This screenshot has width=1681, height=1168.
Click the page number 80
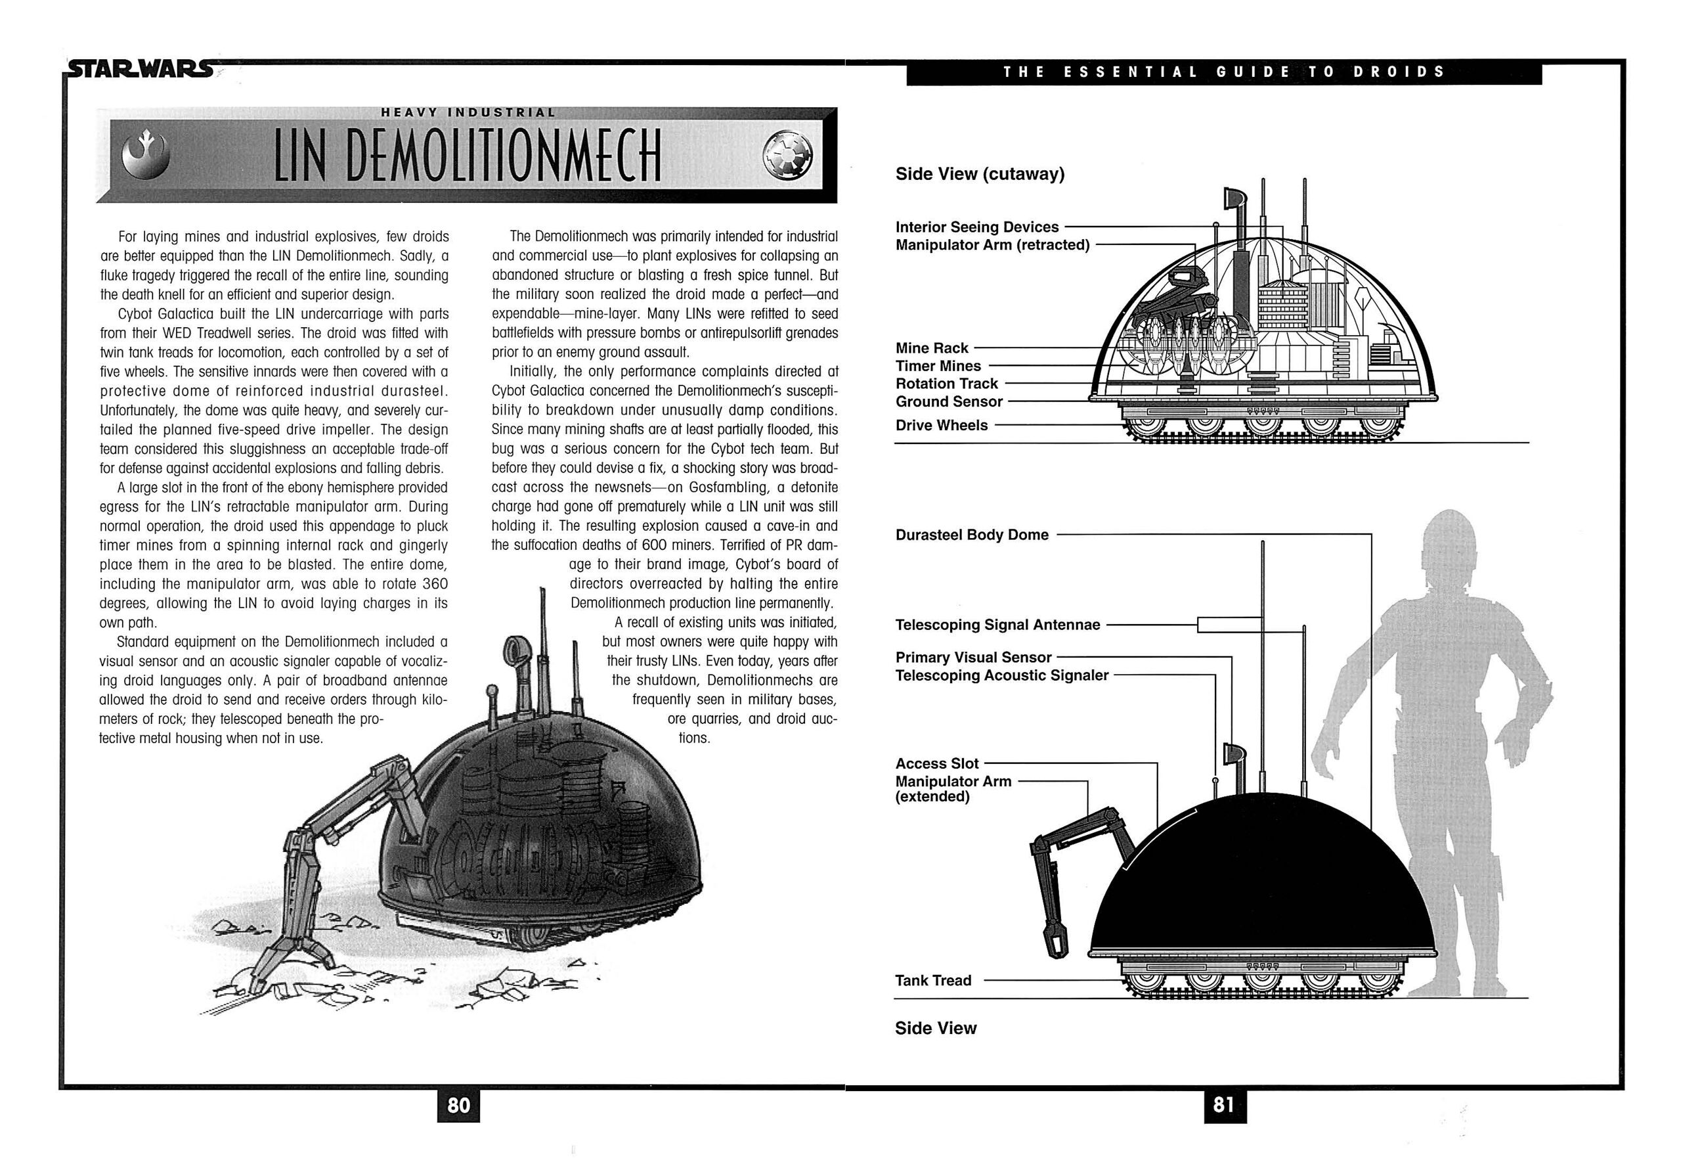458,1104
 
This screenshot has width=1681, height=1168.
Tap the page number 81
1224,1104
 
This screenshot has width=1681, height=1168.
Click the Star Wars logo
139,70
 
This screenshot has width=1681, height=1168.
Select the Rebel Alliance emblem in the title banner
145,155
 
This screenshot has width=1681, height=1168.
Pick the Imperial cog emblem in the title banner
787,156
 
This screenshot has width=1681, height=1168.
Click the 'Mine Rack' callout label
931,348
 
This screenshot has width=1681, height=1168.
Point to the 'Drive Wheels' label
942,425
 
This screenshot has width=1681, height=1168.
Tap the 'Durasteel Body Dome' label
971,535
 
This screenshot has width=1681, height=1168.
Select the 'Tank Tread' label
932,981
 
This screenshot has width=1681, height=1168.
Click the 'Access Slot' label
936,763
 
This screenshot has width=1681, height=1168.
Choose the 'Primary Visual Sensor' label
973,657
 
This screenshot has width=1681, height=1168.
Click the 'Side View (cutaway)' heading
980,174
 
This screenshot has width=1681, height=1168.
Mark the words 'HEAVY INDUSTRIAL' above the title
468,113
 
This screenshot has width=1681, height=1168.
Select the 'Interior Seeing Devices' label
976,227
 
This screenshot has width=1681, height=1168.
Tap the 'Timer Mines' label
938,366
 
